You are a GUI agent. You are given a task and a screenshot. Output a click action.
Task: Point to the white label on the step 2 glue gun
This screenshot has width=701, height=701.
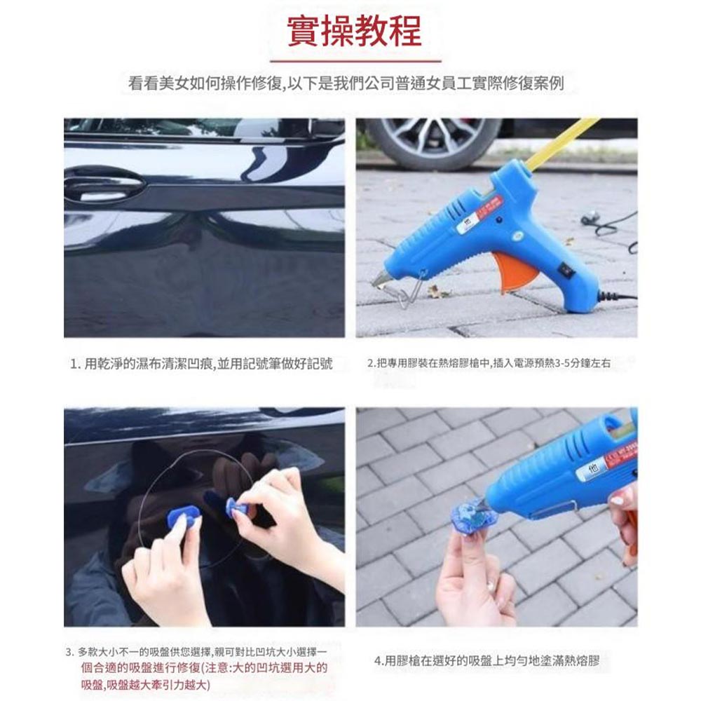468,226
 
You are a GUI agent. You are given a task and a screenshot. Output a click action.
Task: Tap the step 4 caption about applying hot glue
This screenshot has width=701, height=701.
486,660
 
